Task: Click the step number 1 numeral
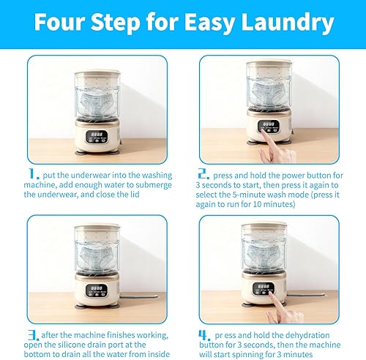pos(34,174)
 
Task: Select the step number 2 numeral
pos(203,174)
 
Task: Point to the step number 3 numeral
pos(34,335)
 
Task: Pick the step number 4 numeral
pos(204,335)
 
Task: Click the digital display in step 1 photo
pos(97,135)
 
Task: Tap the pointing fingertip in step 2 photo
pos(263,132)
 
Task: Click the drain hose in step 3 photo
pos(139,296)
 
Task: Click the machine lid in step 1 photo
pos(97,73)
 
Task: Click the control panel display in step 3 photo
pos(97,290)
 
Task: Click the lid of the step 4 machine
pos(264,227)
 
